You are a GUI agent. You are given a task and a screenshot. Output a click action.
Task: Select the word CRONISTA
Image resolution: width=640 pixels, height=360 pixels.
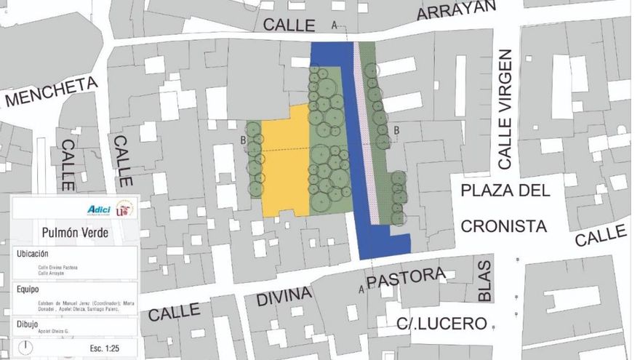pyautogui.click(x=503, y=226)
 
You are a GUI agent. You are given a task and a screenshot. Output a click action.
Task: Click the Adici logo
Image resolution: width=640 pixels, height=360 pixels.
pyautogui.click(x=98, y=210)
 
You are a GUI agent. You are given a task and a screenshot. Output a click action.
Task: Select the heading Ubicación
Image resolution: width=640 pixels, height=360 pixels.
pyautogui.click(x=33, y=255)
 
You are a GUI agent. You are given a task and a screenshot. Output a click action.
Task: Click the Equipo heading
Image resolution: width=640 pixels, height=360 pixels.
pyautogui.click(x=30, y=289)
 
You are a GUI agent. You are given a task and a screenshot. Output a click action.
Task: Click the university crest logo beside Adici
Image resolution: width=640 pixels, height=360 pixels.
pyautogui.click(x=124, y=209)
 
